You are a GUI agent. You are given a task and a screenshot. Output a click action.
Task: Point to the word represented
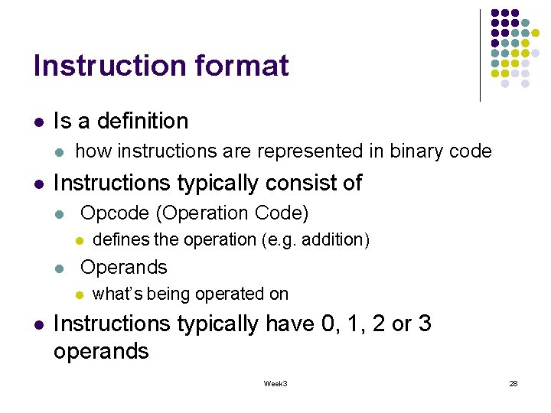click(x=309, y=151)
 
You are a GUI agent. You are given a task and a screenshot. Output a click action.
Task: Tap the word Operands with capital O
click(x=123, y=267)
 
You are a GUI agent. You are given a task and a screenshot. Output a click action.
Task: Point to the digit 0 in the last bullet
click(x=329, y=324)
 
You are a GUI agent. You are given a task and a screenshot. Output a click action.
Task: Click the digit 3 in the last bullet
click(x=425, y=324)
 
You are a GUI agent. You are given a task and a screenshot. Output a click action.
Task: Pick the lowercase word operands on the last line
click(x=101, y=352)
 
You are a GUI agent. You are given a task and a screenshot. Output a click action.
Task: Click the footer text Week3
click(x=275, y=383)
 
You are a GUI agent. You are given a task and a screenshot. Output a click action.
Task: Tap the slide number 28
click(x=514, y=383)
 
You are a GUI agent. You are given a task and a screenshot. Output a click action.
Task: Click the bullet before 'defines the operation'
click(x=78, y=241)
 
